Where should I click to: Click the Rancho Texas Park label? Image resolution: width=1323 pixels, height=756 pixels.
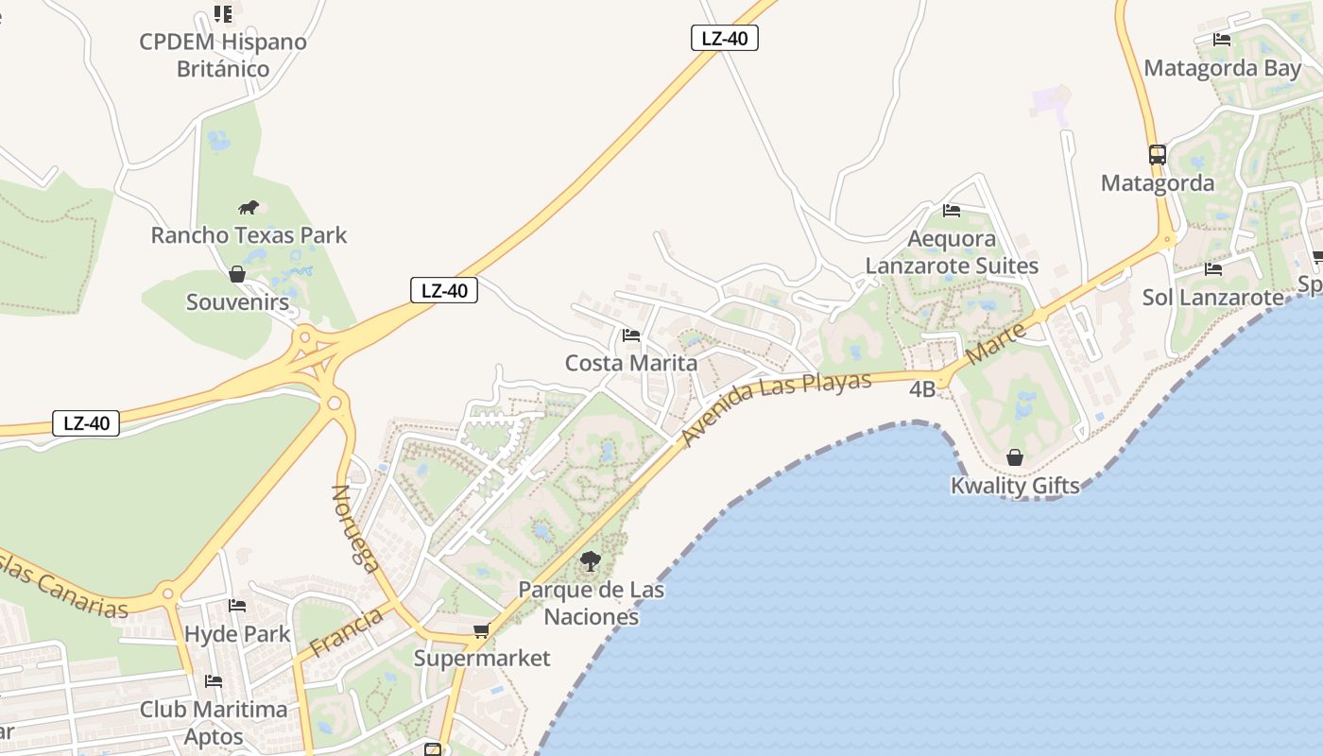pyautogui.click(x=249, y=235)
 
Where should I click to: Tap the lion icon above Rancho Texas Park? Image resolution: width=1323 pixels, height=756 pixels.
pyautogui.click(x=249, y=208)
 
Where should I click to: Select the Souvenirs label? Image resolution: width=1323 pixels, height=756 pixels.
pyautogui.click(x=237, y=302)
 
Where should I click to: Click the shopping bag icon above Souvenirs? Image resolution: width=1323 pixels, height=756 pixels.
pyautogui.click(x=237, y=274)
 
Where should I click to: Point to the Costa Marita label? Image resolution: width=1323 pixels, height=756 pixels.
pyautogui.click(x=631, y=363)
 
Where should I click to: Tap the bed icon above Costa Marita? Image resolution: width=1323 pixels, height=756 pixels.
pyautogui.click(x=631, y=335)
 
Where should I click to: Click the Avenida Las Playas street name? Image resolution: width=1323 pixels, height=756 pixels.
pyautogui.click(x=776, y=408)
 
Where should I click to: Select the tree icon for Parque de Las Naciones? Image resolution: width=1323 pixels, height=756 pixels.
pyautogui.click(x=591, y=561)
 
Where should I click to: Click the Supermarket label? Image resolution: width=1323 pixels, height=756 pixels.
pyautogui.click(x=482, y=658)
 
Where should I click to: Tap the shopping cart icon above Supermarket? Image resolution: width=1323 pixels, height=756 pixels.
pyautogui.click(x=481, y=630)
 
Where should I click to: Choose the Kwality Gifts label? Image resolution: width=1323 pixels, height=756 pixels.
pyautogui.click(x=1015, y=486)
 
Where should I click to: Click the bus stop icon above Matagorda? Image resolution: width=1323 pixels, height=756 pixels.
pyautogui.click(x=1158, y=154)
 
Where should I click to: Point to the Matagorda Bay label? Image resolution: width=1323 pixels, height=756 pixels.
pyautogui.click(x=1223, y=68)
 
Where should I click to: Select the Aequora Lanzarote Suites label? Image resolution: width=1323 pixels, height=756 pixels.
pyautogui.click(x=952, y=252)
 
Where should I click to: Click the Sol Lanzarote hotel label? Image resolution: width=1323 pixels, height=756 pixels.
pyautogui.click(x=1213, y=298)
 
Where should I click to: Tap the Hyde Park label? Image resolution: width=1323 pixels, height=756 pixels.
pyautogui.click(x=237, y=634)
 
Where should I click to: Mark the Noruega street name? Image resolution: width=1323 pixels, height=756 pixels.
pyautogui.click(x=356, y=528)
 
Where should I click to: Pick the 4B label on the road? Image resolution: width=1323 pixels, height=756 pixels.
pyautogui.click(x=922, y=389)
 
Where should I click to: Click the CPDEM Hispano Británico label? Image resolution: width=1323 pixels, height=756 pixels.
pyautogui.click(x=223, y=55)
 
